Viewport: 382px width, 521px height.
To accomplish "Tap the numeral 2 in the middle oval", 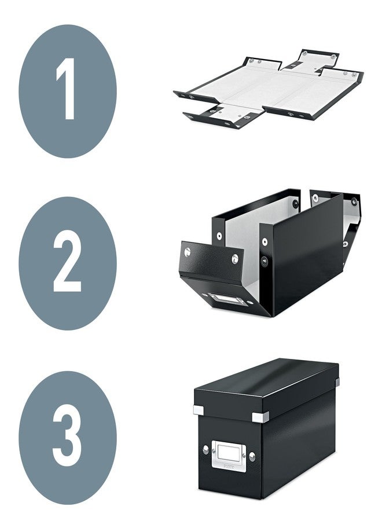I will coord(67,263).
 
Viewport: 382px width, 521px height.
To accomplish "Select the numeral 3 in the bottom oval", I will coord(67,437).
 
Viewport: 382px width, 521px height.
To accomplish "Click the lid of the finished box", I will coord(266,385).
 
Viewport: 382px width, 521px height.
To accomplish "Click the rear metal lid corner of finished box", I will coord(336,380).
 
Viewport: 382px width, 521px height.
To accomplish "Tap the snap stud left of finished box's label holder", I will coord(205,449).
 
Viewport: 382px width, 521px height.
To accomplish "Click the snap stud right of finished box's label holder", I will coord(252,457).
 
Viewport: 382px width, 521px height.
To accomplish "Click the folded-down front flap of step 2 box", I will coord(211,260).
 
